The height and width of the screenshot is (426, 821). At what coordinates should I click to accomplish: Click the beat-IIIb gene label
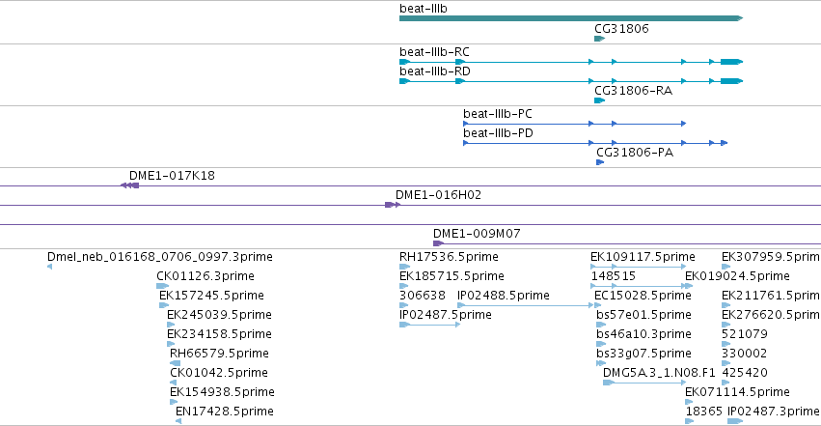point(424,9)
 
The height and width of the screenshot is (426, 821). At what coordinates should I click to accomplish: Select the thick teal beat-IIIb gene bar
point(571,18)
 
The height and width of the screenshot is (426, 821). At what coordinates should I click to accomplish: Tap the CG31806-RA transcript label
point(633,91)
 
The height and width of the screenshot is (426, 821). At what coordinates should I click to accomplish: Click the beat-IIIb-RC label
point(434,52)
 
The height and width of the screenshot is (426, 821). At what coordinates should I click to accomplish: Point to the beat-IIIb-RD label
point(434,71)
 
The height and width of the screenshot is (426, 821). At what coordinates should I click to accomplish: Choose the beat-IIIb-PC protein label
point(498,114)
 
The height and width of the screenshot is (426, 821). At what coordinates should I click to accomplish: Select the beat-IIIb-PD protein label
point(498,133)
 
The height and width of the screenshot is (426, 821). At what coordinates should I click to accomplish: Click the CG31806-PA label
point(635,153)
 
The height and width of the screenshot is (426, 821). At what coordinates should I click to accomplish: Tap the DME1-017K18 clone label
point(172,176)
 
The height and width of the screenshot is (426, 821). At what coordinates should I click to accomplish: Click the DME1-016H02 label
point(438,195)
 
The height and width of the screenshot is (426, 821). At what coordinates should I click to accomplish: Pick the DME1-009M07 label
point(477,234)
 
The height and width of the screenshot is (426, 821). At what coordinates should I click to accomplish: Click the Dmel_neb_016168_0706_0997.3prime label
point(160,257)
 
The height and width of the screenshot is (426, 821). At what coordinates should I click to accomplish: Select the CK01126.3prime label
point(205,276)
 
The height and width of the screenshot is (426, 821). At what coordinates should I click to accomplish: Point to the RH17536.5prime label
point(449,257)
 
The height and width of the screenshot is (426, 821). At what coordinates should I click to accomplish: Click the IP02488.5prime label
point(504,296)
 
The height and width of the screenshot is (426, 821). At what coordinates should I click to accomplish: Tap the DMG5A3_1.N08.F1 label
point(659,373)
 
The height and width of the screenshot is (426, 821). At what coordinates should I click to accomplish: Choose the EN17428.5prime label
point(224,412)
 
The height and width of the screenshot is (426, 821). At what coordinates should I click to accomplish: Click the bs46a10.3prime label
point(643,334)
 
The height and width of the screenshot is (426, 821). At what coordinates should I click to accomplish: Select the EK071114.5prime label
point(737,392)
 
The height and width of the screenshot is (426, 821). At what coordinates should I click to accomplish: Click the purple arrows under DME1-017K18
point(130,185)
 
